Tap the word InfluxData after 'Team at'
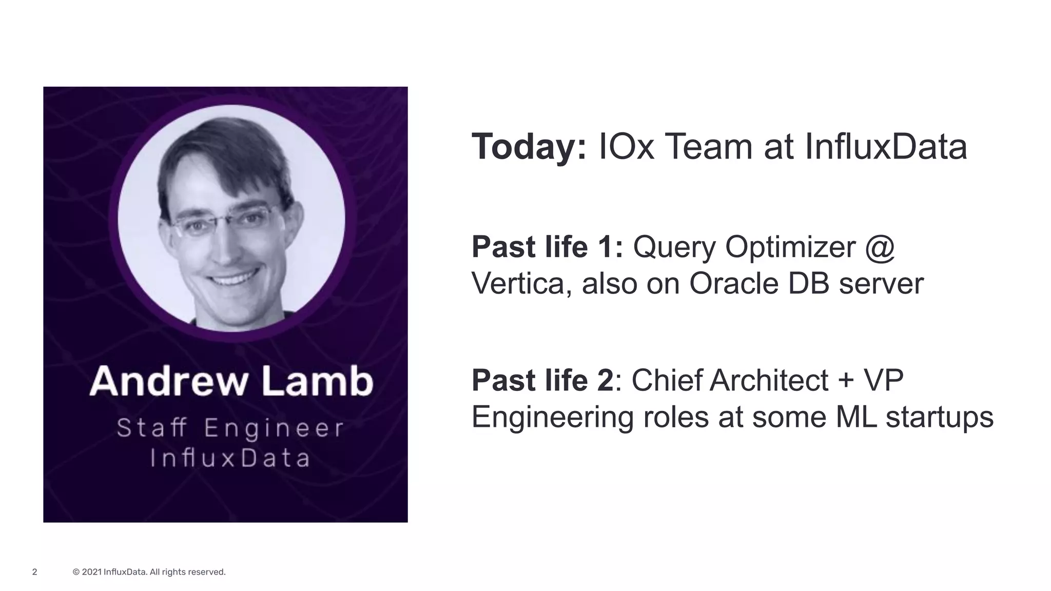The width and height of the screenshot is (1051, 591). [886, 147]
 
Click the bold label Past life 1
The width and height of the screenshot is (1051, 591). [547, 247]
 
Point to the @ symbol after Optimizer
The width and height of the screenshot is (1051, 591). [880, 247]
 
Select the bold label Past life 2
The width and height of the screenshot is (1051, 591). [542, 381]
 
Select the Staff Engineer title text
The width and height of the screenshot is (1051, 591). [230, 428]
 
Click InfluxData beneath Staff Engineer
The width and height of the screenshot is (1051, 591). [230, 458]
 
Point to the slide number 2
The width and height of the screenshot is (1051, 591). [34, 572]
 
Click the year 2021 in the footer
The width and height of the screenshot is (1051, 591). [91, 572]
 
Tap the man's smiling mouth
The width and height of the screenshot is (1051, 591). [233, 280]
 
